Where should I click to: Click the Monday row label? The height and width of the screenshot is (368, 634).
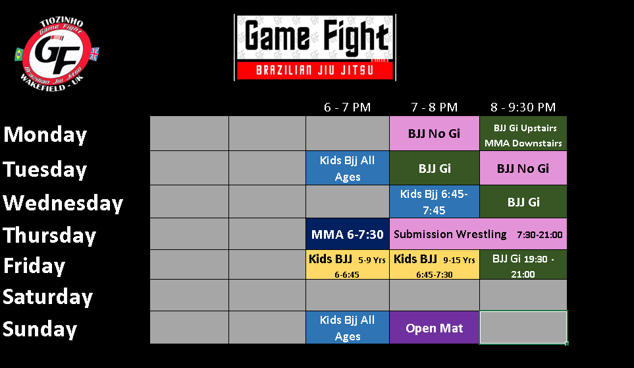coord(45,135)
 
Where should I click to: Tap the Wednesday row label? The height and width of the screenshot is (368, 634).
coord(63,203)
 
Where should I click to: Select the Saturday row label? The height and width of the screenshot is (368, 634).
coord(47,297)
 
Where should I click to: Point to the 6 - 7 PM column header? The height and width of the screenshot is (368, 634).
coord(348,107)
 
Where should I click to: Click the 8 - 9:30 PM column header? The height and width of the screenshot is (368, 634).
coord(523,107)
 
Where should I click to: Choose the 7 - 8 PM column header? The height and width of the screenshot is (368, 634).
coord(435,107)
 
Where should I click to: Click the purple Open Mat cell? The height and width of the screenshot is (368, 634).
coord(435,328)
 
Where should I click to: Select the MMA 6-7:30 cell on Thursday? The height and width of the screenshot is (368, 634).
coord(348,234)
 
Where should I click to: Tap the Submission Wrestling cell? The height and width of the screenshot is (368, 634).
coord(478,234)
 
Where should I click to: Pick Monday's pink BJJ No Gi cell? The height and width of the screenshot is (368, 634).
coord(435,134)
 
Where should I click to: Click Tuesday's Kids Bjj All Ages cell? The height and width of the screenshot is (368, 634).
coord(348,168)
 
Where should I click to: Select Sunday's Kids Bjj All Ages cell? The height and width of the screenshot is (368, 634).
coord(348,328)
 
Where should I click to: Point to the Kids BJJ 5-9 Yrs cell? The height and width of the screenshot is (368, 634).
coord(348,264)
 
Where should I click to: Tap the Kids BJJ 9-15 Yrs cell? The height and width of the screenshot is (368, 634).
coord(435,264)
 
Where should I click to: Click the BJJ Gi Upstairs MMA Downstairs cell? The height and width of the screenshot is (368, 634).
coord(523,134)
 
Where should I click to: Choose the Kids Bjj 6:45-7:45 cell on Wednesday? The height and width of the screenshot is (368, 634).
coord(435,202)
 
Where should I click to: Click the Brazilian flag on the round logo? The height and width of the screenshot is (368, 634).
coord(18,54)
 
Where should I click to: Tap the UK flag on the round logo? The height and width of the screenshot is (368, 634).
coord(94,54)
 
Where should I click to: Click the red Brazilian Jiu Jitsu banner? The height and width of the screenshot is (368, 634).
coord(315,71)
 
